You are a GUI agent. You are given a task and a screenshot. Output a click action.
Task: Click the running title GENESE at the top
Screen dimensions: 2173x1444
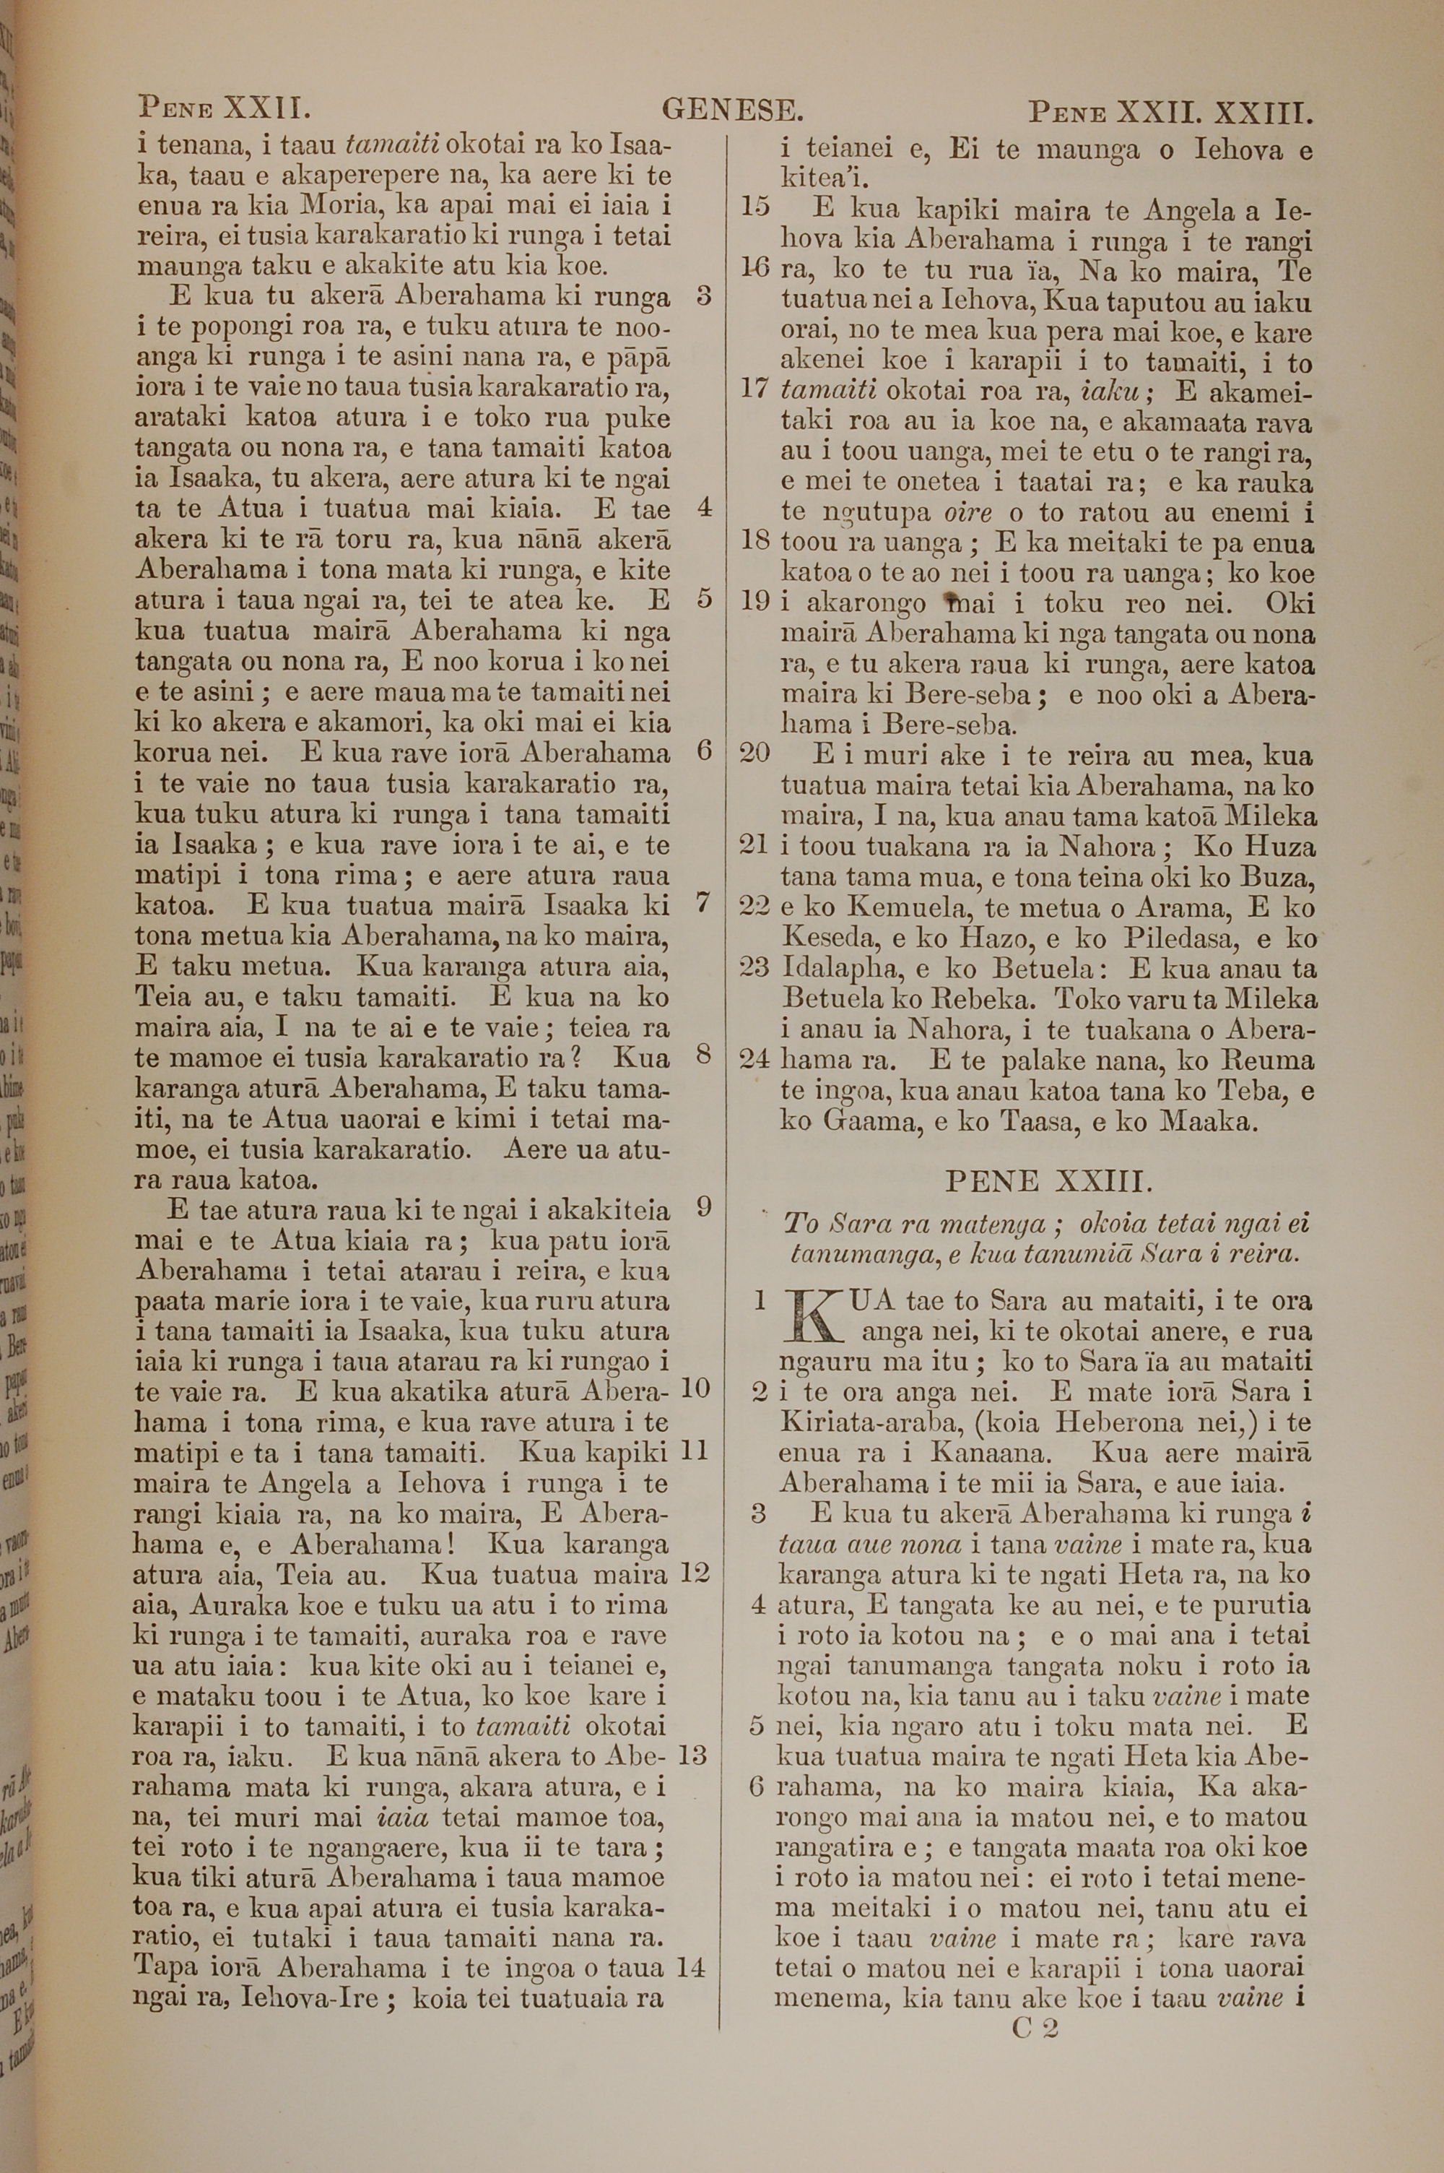732,111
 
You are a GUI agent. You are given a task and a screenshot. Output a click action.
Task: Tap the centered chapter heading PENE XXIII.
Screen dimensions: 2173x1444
1043,1181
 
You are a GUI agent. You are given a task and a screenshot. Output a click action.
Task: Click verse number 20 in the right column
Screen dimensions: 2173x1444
755,753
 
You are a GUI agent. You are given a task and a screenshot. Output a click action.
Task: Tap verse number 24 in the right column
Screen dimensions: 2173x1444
755,1058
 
